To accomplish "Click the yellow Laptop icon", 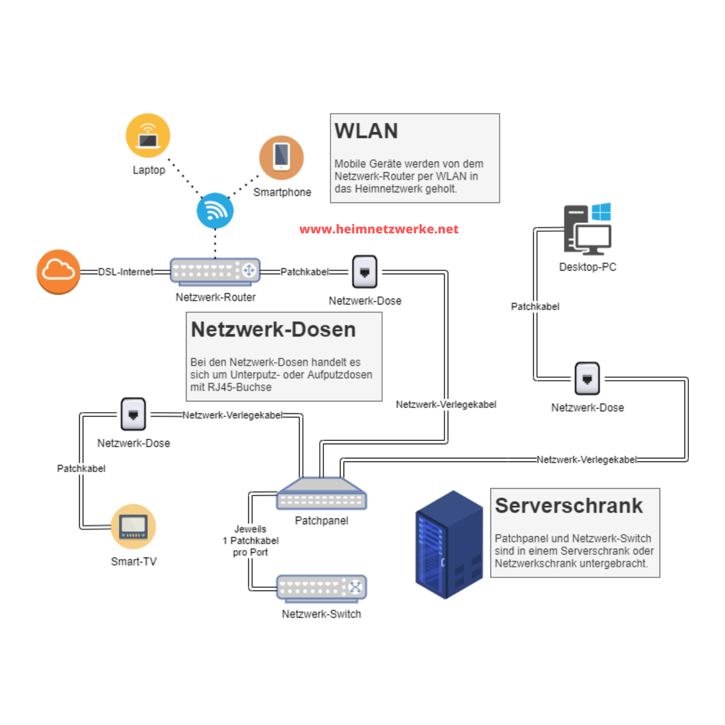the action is (148, 136).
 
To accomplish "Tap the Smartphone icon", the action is (281, 157).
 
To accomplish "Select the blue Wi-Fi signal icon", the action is (215, 211).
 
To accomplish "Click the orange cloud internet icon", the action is (58, 271).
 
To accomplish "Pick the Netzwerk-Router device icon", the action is (215, 271).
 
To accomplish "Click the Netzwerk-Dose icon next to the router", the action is (364, 272).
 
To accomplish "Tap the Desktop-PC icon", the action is (588, 229).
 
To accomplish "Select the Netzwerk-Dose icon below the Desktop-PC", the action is (587, 379).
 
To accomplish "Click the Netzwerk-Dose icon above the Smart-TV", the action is (133, 414).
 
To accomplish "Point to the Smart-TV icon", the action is (133, 526).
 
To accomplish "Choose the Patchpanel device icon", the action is (322, 494).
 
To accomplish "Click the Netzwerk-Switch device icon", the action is (322, 588).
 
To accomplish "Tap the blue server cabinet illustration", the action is (449, 545).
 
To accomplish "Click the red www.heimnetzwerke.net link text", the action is (379, 229).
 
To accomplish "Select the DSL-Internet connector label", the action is (126, 272).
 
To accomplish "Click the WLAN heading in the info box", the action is (366, 131).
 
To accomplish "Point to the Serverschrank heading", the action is (569, 506).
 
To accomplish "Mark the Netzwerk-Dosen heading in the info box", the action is (273, 330).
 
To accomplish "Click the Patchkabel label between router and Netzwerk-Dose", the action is (304, 272).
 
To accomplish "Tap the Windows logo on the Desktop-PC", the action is (601, 211).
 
